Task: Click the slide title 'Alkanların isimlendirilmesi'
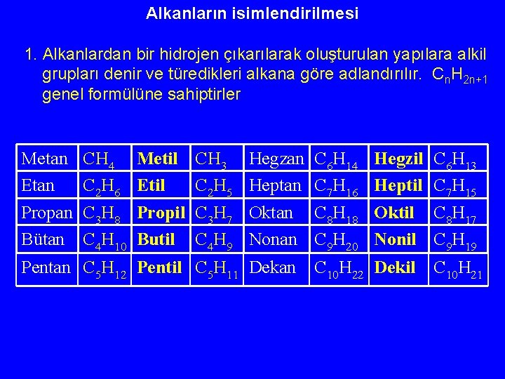click(252, 13)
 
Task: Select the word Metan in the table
click(45, 159)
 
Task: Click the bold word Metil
click(157, 159)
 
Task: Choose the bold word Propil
click(161, 213)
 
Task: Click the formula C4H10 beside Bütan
click(105, 241)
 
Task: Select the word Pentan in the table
click(46, 267)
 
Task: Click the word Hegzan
click(276, 160)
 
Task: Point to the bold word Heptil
click(398, 186)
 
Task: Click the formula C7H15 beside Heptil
click(457, 187)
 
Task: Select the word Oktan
click(271, 213)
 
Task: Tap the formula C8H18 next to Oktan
click(337, 214)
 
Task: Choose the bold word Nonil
click(395, 239)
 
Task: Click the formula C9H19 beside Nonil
click(457, 241)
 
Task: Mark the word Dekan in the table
click(272, 267)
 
